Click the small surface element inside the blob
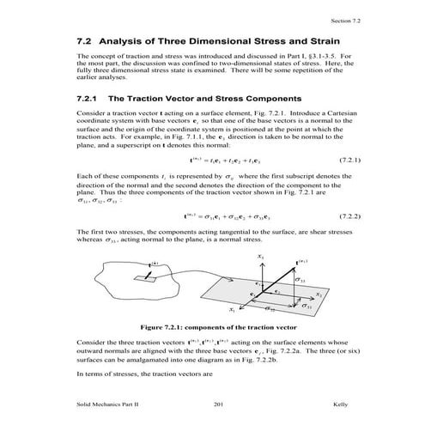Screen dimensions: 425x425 click(151, 277)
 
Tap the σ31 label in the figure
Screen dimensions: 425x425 click(307, 306)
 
